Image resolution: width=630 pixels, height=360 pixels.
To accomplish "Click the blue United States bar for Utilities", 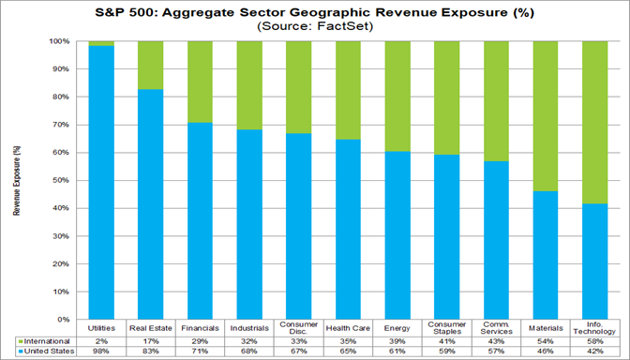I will pyautogui.click(x=100, y=183).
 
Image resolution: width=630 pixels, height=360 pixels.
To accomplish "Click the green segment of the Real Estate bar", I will pyautogui.click(x=150, y=66).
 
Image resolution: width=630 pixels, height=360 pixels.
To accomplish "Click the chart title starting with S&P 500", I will pyautogui.click(x=314, y=12).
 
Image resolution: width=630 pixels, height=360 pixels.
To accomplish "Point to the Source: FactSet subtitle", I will pyautogui.click(x=314, y=27).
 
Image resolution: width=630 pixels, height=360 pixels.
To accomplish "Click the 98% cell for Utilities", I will pyautogui.click(x=100, y=352).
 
